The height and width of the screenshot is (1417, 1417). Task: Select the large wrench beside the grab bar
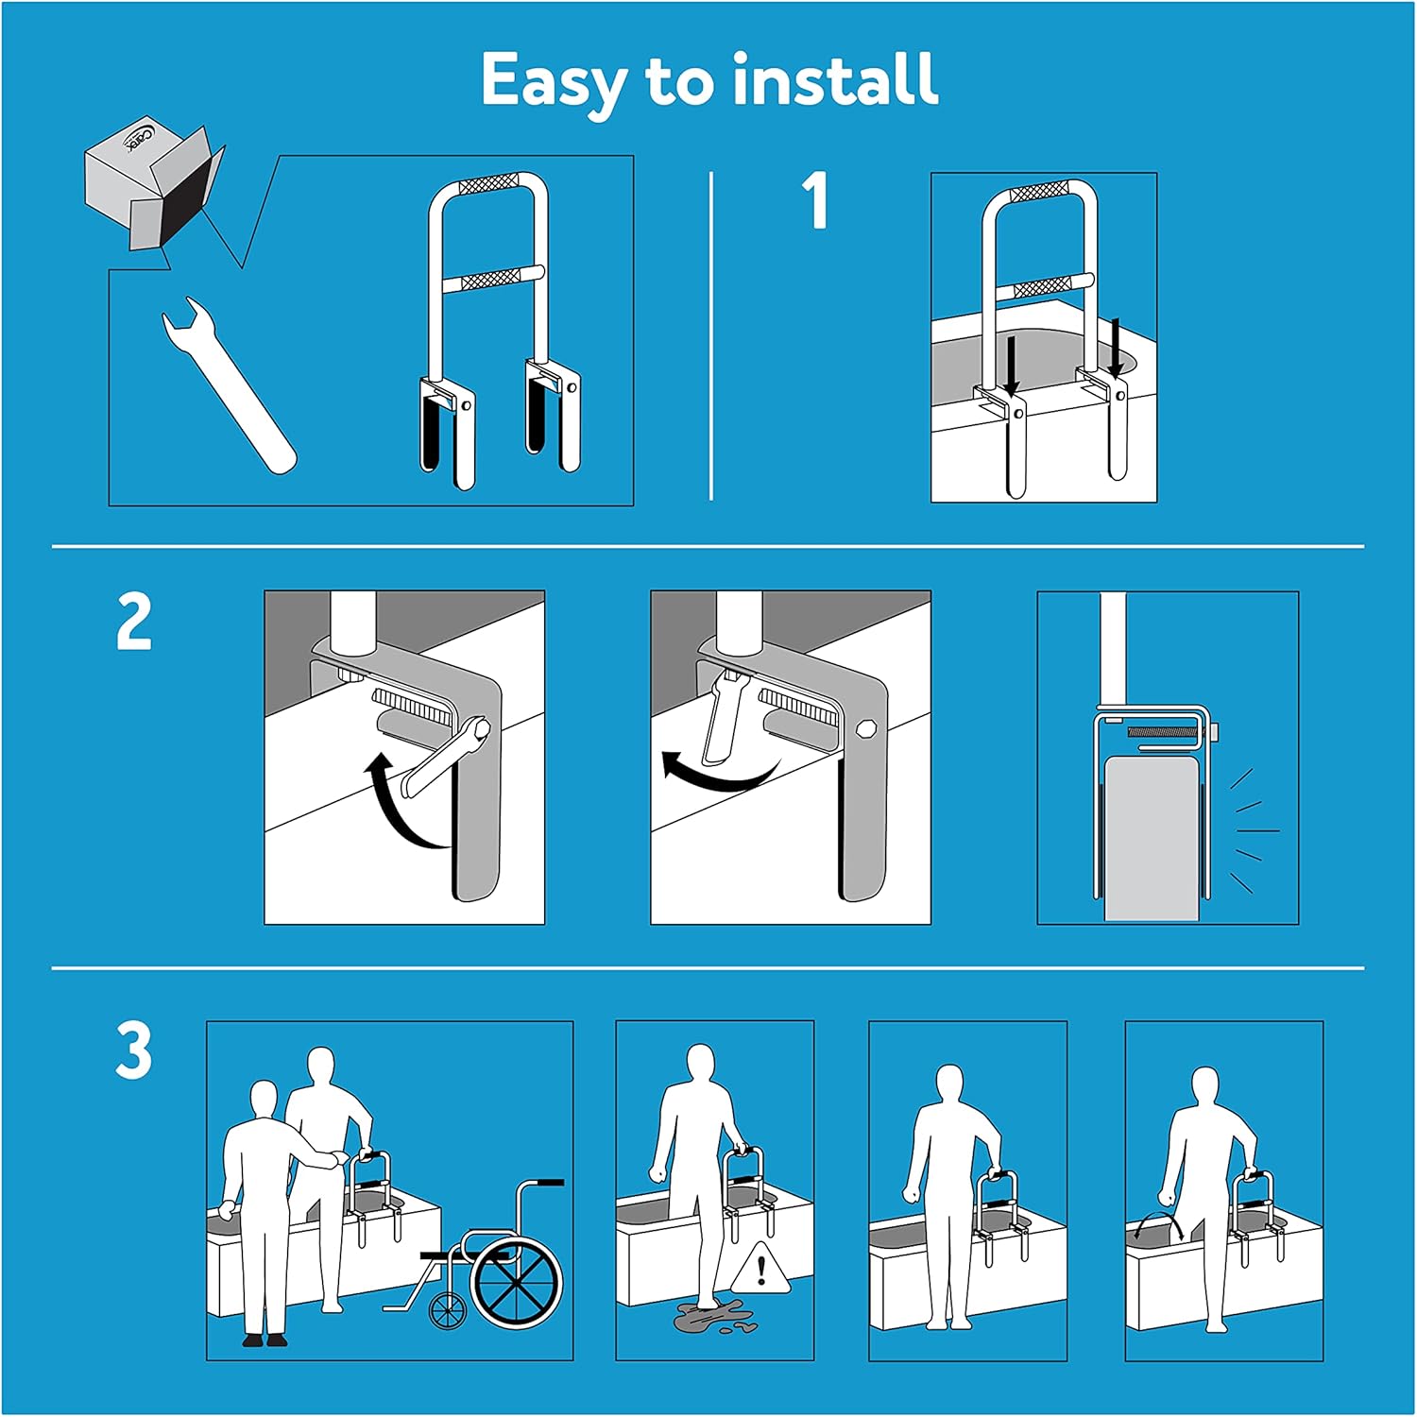tap(229, 386)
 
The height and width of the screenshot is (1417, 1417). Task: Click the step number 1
tap(815, 199)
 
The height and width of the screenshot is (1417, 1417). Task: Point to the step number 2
tap(133, 622)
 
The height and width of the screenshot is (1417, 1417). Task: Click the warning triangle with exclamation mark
tap(760, 1270)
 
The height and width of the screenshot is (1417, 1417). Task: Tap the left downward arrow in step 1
tap(1012, 367)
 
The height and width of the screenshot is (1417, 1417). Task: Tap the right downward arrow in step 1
tap(1116, 348)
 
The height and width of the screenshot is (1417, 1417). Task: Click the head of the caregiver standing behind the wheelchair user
tap(264, 1101)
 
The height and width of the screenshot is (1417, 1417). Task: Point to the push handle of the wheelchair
tap(545, 1183)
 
